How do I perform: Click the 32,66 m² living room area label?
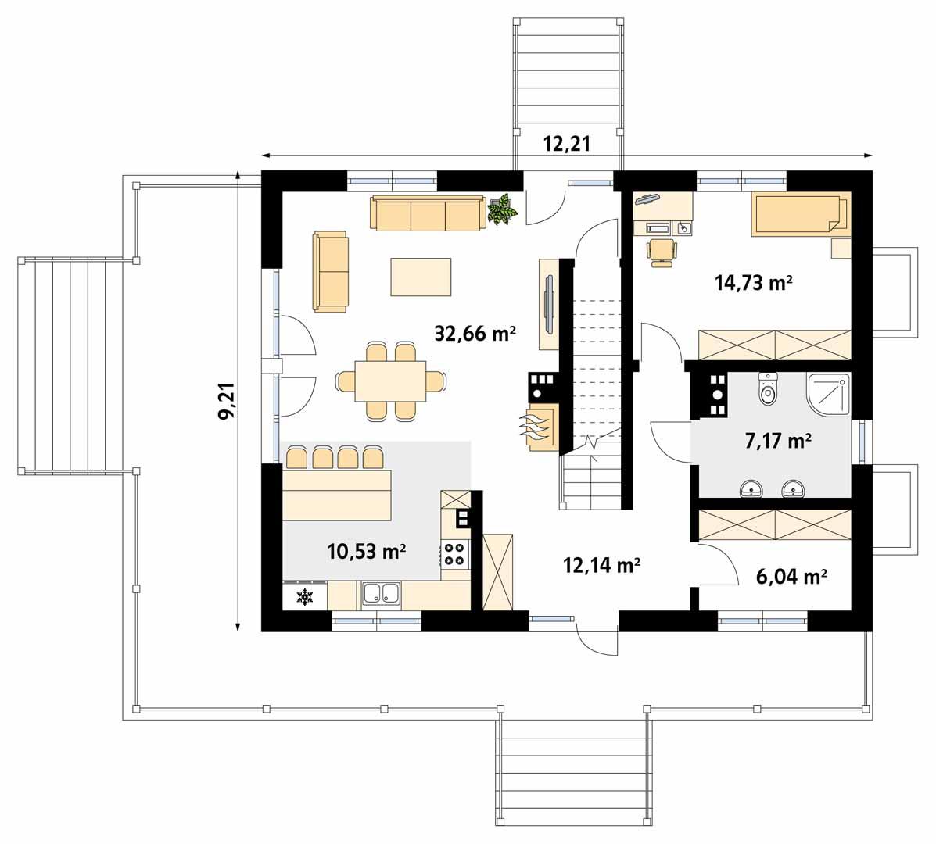tap(475, 334)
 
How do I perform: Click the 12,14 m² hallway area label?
tap(602, 564)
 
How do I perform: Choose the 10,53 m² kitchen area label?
tap(366, 552)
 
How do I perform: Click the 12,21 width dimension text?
tap(566, 143)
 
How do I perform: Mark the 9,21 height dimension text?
tap(228, 402)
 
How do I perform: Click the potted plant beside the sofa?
tap(502, 210)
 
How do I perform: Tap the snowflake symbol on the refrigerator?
tap(304, 597)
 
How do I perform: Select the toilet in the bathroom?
tap(769, 390)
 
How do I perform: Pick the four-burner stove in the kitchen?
tap(454, 553)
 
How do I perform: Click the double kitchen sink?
tap(381, 594)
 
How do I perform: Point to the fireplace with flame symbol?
tap(539, 427)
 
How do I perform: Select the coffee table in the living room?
tap(421, 277)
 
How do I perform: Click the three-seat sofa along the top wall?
tap(427, 213)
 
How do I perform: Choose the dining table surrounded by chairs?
tap(390, 381)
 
